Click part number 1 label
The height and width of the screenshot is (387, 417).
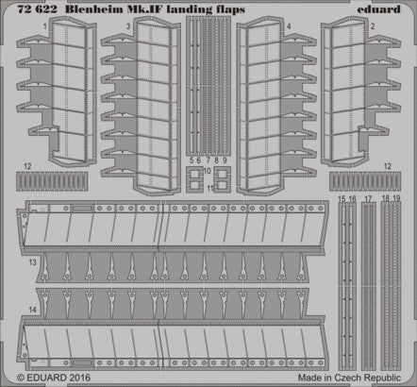[45, 27]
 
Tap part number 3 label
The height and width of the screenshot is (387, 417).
[128, 27]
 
